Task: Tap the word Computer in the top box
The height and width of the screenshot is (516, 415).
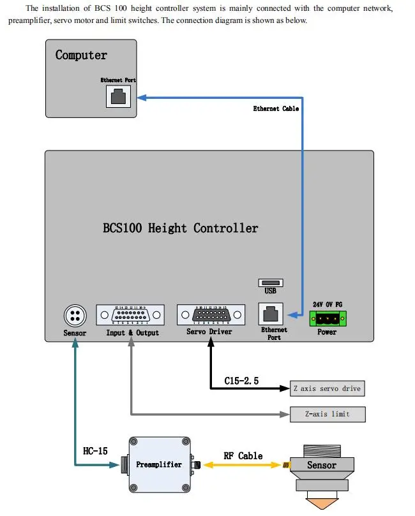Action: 81,55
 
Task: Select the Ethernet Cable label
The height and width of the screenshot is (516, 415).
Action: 276,109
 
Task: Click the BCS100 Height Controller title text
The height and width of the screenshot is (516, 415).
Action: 180,228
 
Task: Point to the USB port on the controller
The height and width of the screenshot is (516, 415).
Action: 270,283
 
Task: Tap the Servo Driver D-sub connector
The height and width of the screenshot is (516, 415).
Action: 209,315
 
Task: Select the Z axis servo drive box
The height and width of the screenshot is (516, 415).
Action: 328,388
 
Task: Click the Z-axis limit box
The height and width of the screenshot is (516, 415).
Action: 328,414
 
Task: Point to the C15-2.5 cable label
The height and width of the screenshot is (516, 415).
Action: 241,381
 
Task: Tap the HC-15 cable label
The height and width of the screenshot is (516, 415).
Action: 95,451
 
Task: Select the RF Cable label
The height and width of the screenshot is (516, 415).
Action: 243,455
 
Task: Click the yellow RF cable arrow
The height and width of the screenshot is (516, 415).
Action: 243,466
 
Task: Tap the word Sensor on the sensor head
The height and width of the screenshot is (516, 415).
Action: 321,465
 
